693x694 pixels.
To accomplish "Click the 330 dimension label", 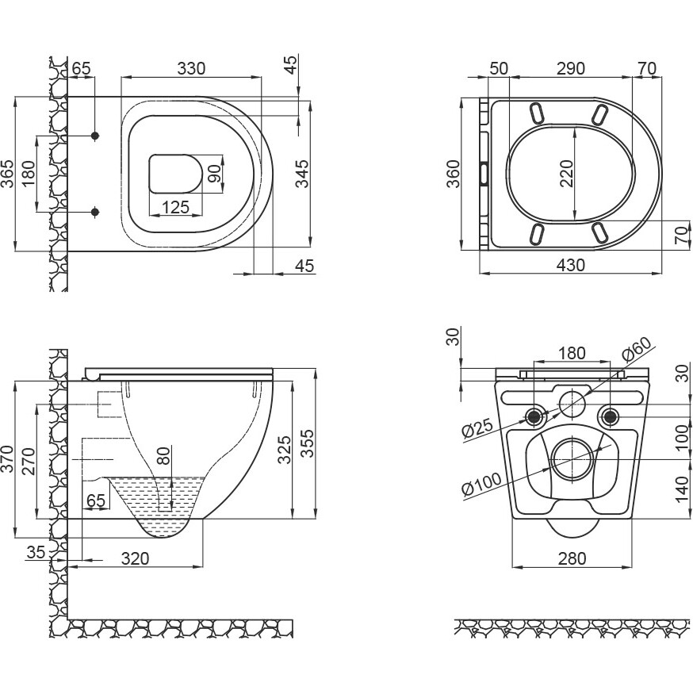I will tap(190, 68).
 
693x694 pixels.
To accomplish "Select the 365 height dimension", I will tap(7, 173).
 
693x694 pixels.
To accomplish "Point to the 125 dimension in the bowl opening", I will tap(174, 208).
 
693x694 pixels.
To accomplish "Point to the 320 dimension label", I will tap(136, 558).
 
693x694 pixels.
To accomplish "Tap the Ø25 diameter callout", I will tap(477, 429).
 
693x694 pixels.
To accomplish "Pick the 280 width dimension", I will tap(572, 558).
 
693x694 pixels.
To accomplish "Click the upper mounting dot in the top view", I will tap(95, 136).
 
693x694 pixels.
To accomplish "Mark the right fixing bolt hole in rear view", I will tap(609, 415).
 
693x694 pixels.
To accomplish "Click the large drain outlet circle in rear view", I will tap(572, 458).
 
